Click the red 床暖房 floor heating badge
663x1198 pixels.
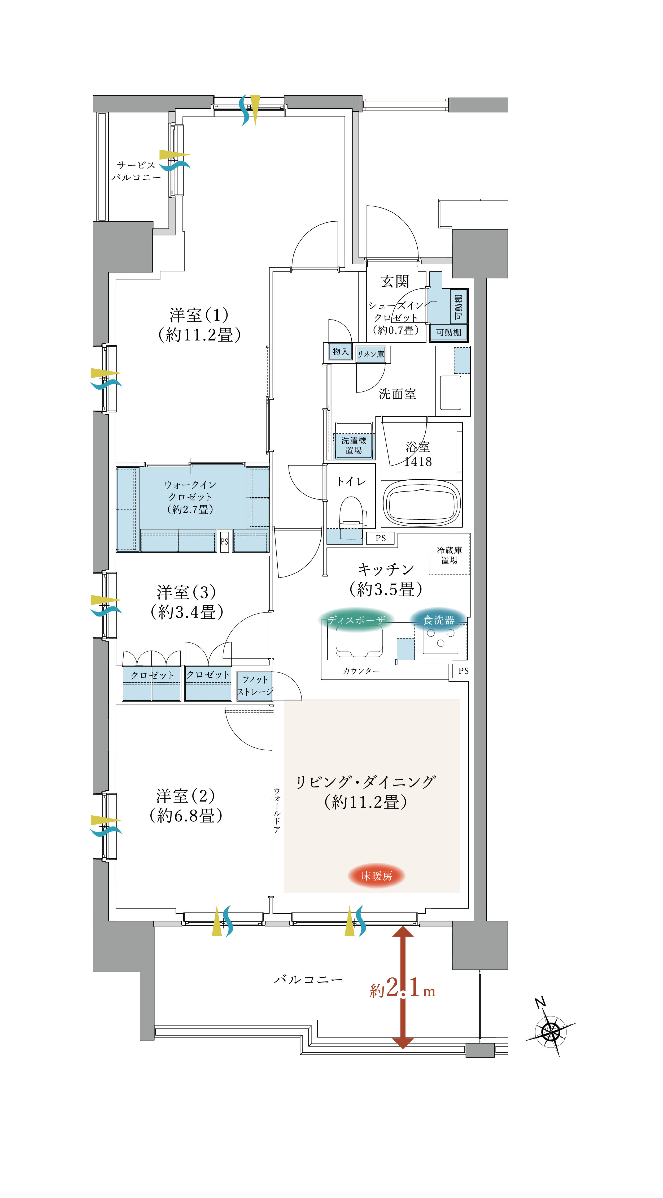click(376, 876)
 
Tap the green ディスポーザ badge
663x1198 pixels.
click(356, 620)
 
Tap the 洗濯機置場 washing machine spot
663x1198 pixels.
click(354, 445)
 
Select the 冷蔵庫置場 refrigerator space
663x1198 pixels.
click(449, 555)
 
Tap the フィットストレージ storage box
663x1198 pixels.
click(255, 686)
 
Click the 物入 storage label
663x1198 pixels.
click(340, 352)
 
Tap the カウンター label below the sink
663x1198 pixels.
click(361, 671)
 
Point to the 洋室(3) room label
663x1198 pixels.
click(186, 602)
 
